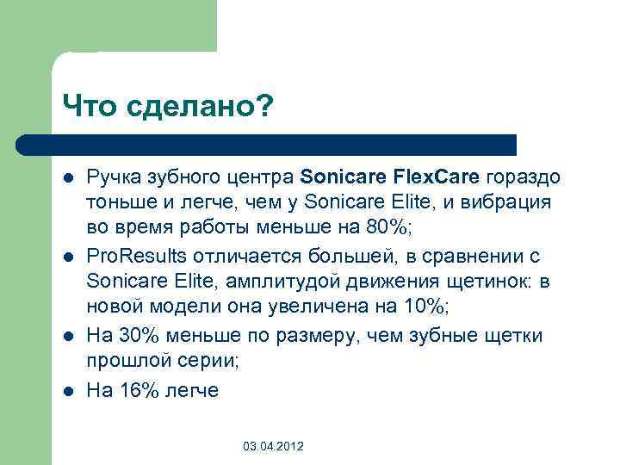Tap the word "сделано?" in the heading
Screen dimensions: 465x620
click(x=199, y=107)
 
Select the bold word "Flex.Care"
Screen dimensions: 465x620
click(x=438, y=177)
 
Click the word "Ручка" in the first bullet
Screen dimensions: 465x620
click(x=110, y=177)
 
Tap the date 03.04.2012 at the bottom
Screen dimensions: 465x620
click(x=273, y=446)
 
